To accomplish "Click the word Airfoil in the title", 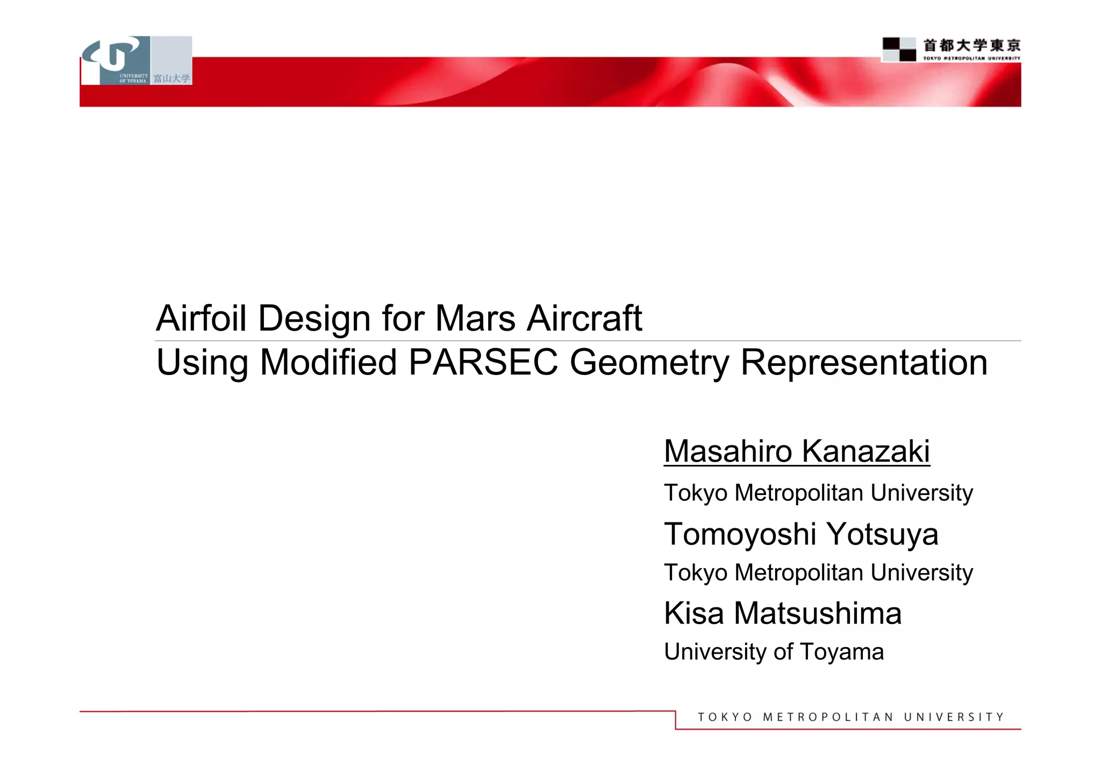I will coord(202,318).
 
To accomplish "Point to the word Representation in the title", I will coord(864,363).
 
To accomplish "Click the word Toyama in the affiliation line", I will coord(841,652).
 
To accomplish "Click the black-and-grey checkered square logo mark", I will coord(899,49).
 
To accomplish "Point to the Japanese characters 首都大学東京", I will coord(971,46).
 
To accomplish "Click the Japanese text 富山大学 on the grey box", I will coord(171,79).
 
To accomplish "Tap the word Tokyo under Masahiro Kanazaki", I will coord(695,493).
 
